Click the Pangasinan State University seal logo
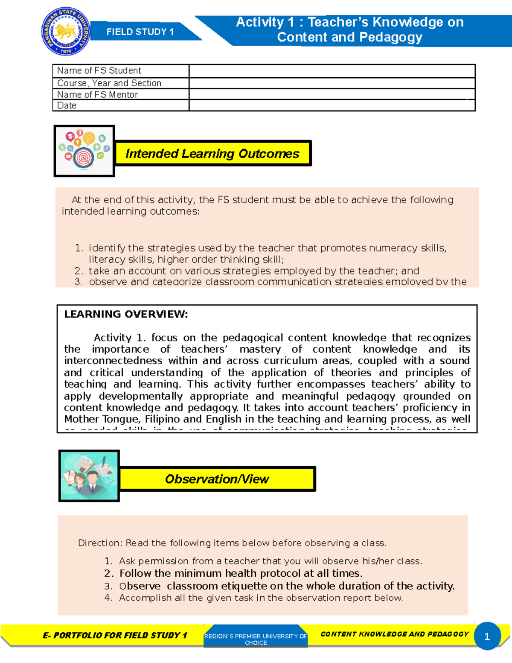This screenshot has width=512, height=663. (x=66, y=32)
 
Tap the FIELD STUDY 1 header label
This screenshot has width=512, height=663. (x=140, y=32)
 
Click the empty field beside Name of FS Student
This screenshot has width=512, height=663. (x=332, y=71)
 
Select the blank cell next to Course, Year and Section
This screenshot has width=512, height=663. (x=332, y=83)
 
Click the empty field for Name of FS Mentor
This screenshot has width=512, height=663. (x=332, y=94)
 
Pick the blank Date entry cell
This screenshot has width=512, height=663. (x=332, y=105)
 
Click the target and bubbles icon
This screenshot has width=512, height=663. (x=84, y=151)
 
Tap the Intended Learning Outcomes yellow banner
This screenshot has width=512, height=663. (x=212, y=153)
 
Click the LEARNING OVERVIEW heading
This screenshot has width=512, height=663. (x=126, y=314)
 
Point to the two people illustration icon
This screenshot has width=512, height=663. (x=89, y=475)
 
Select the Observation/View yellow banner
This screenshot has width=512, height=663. (x=217, y=479)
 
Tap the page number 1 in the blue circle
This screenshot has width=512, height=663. (x=487, y=637)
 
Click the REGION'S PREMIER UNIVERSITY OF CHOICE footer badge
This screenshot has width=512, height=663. (x=256, y=639)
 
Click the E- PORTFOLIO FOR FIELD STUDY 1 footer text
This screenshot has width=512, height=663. (x=115, y=635)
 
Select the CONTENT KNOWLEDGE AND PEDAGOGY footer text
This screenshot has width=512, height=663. (x=395, y=634)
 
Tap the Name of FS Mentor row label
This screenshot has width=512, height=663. (x=98, y=95)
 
